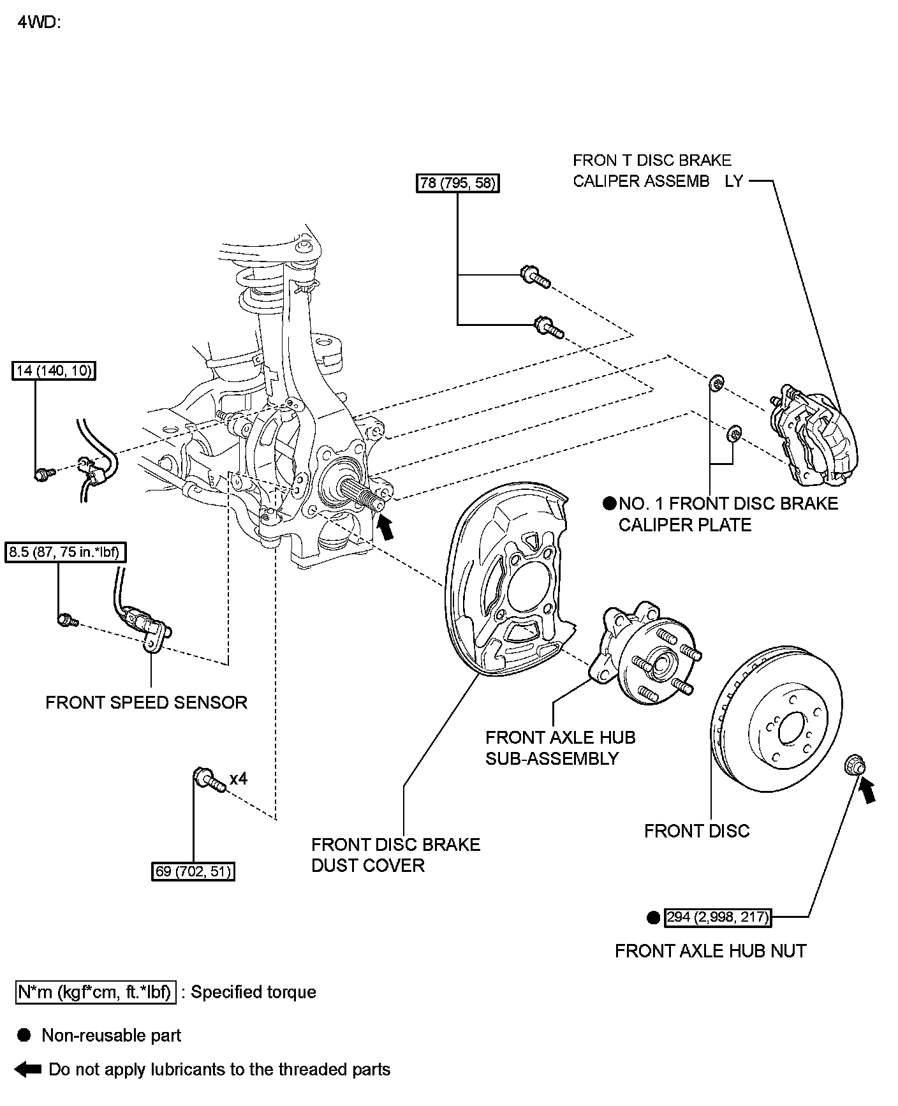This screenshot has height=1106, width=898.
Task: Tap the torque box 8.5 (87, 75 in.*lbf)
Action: (66, 552)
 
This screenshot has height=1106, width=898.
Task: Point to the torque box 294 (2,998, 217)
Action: (718, 917)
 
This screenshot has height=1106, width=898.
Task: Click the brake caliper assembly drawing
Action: (814, 434)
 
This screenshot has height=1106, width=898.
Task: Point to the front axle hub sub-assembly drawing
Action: (644, 657)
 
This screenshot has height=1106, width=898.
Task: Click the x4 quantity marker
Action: (239, 779)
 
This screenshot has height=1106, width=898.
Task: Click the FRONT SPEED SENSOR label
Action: (146, 702)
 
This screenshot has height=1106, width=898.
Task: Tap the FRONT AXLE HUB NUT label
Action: (710, 951)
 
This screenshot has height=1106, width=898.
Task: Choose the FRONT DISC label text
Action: (696, 831)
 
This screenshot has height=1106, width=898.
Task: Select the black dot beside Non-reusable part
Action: (24, 1035)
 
